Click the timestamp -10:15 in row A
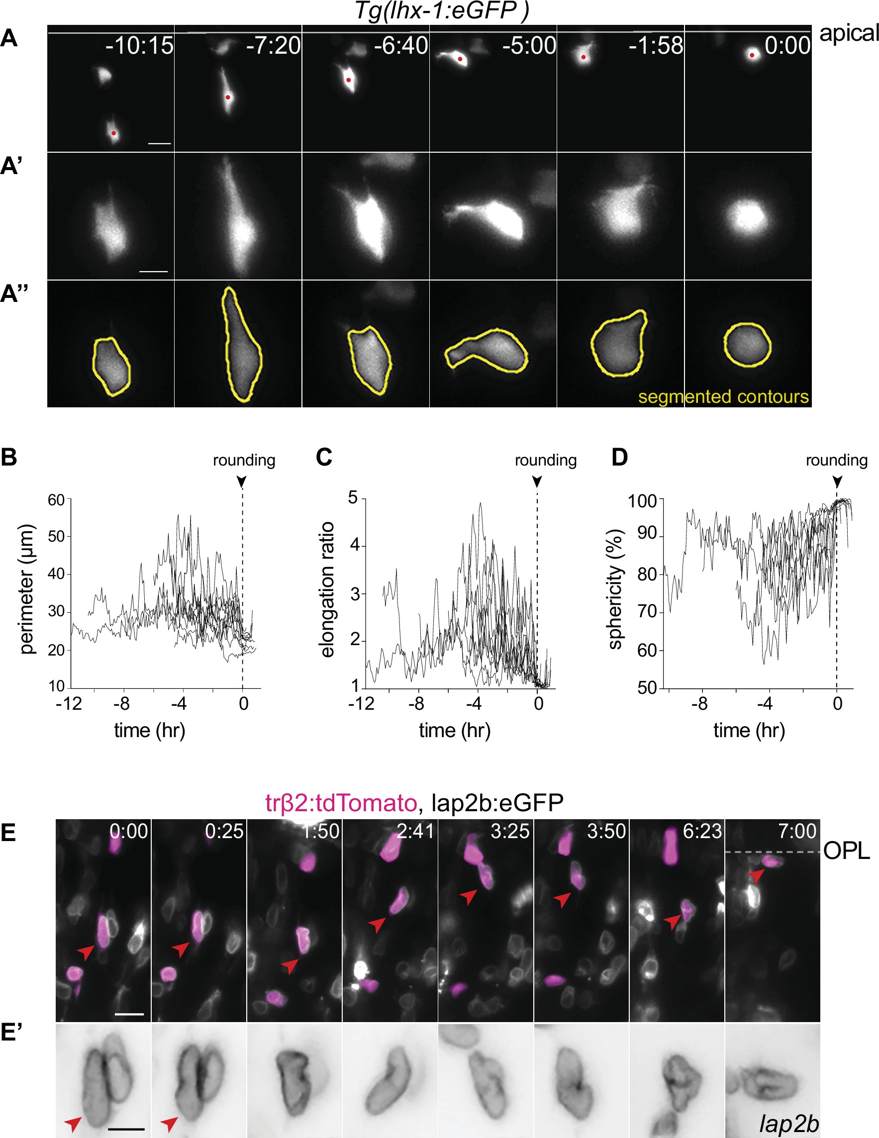pos(139,46)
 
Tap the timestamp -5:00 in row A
pos(529,46)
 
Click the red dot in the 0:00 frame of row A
pos(752,55)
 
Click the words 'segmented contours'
pos(723,396)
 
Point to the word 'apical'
pos(849,33)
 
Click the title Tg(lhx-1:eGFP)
pos(441,10)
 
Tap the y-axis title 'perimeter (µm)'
pos(26,589)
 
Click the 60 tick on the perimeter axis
pos(56,500)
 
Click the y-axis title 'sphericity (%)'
pos(616,589)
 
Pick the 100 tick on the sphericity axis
pos(645,501)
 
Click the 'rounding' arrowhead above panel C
pos(537,481)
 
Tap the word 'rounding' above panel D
pos(836,460)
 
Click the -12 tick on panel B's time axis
pos(69,703)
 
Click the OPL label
pos(847,851)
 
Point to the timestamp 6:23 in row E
pos(702,831)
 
